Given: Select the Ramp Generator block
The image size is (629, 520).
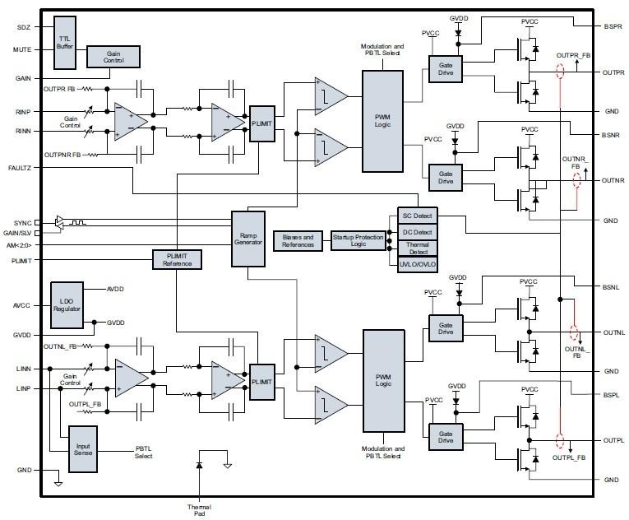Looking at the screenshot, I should click(x=247, y=238).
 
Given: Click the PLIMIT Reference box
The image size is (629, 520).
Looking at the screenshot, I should click(x=178, y=259).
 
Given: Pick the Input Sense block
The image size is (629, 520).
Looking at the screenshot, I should click(x=82, y=448).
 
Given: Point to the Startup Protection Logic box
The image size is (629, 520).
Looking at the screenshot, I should click(x=358, y=240).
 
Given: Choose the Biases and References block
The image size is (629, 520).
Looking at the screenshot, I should click(x=298, y=240).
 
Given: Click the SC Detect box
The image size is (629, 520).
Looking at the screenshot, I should click(x=417, y=216).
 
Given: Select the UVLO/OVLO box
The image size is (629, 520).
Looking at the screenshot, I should click(x=417, y=264).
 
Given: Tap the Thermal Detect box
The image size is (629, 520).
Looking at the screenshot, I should click(x=417, y=248).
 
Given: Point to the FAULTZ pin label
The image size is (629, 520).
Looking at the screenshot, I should click(x=20, y=167).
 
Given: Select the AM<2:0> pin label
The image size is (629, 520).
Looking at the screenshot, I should click(x=19, y=245).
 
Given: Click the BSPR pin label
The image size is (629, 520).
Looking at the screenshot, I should click(x=613, y=26).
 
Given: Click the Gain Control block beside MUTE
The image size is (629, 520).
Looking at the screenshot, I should click(x=113, y=56).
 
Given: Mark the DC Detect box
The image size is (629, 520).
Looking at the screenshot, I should click(x=417, y=232).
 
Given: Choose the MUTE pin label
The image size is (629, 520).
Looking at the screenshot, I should click(x=22, y=49).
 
